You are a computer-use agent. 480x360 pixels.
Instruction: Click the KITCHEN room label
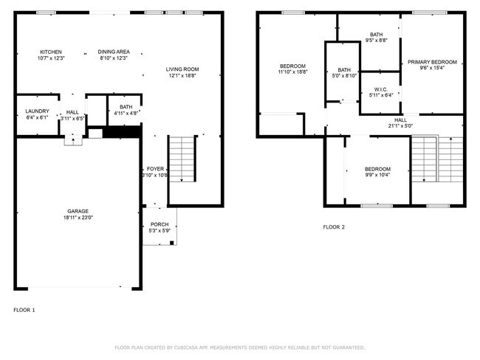point(50,52)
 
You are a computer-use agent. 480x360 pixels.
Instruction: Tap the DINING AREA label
point(113,52)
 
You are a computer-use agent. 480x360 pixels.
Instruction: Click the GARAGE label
point(78,211)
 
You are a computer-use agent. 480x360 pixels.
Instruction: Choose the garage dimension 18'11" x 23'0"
point(78,218)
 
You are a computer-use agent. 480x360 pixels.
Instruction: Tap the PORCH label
point(160,224)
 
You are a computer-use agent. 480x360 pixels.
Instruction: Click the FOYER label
point(155,169)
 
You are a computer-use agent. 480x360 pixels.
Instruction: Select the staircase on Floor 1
point(182,158)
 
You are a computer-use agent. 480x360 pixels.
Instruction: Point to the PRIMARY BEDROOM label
point(432,62)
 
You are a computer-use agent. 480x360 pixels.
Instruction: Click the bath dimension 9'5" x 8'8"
point(377,41)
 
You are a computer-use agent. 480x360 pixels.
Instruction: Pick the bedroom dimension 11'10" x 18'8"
point(292,72)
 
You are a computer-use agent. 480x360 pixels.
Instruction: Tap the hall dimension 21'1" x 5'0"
point(400,125)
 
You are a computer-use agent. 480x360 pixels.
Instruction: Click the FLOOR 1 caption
point(24,309)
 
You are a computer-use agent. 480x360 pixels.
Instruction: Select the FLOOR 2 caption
point(334,227)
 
